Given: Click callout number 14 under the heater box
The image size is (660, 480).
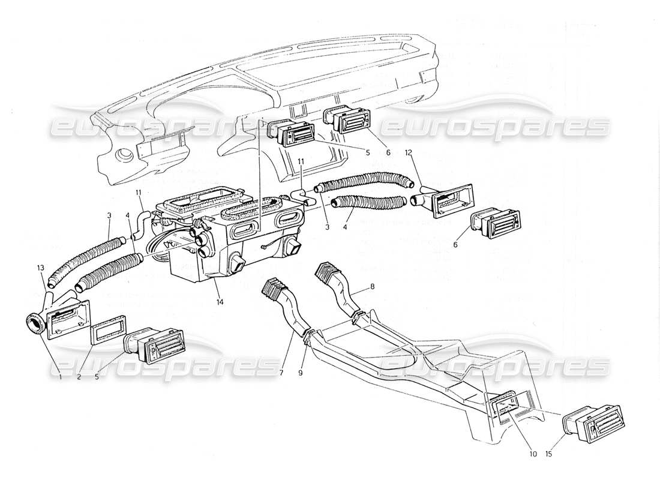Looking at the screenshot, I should (x=221, y=302).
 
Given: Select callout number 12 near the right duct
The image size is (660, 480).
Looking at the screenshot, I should (x=408, y=153).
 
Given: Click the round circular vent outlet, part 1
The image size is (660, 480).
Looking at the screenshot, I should (x=34, y=325).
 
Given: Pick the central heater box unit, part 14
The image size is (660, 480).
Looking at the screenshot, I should (x=222, y=240).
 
